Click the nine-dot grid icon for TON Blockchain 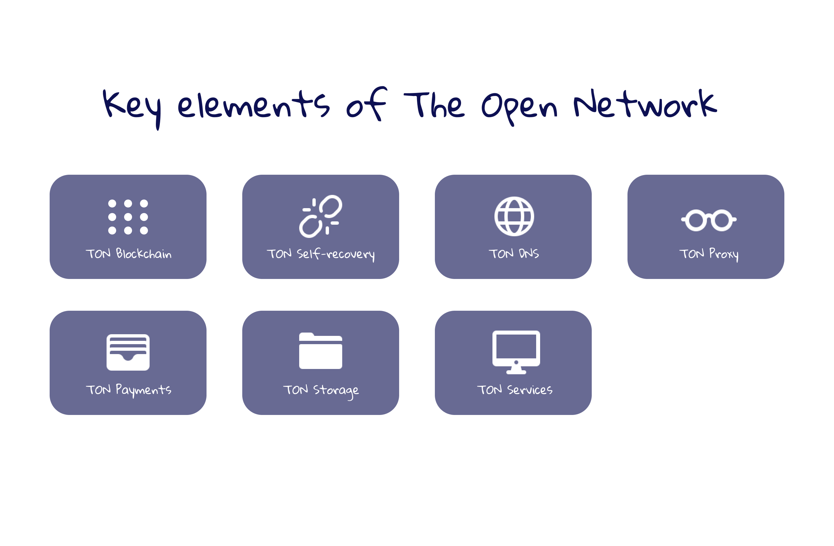(128, 217)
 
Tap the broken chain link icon (320, 216)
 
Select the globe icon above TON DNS (514, 216)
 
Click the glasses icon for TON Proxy (709, 220)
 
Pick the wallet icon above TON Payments (128, 352)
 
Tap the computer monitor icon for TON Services (516, 352)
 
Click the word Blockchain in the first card (144, 253)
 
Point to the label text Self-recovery (336, 254)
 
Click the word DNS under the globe (529, 253)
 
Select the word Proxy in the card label (723, 254)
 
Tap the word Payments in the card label (143, 390)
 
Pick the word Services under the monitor (530, 390)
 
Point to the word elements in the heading (254, 105)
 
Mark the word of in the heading (366, 105)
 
